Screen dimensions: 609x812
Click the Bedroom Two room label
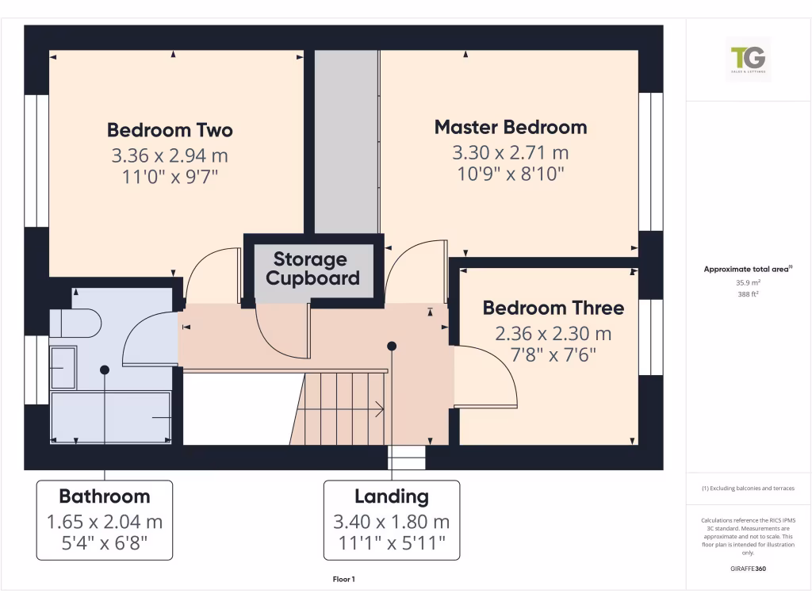tap(170, 130)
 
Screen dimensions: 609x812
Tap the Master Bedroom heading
tap(510, 127)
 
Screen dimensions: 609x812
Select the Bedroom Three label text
tap(553, 308)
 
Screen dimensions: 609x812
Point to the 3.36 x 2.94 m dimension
tap(170, 155)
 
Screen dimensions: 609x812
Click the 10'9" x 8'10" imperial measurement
tap(510, 174)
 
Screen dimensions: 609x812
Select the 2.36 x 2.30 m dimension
tap(553, 334)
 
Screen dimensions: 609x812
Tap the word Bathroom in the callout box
tap(105, 496)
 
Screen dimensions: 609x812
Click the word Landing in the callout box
tap(392, 496)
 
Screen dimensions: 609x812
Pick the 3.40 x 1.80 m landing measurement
tap(392, 522)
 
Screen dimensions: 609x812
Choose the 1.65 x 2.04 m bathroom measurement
tap(105, 522)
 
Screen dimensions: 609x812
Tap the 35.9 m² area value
tap(749, 282)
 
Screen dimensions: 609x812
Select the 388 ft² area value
tap(749, 293)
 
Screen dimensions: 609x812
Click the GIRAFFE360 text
tap(749, 569)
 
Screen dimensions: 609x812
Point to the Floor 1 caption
tap(343, 580)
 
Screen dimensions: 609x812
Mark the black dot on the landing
tap(391, 346)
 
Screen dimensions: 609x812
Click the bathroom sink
tap(63, 368)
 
